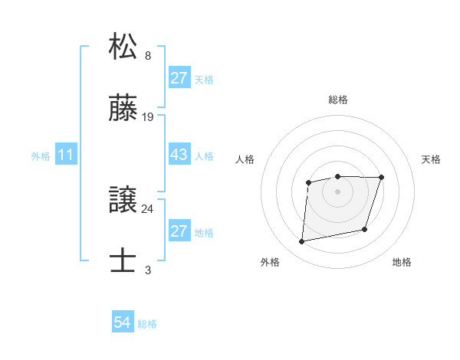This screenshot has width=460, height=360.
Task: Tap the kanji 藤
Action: [x=124, y=110]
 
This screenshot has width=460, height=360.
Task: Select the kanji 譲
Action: [x=124, y=200]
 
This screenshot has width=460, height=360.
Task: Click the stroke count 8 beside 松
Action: [x=148, y=56]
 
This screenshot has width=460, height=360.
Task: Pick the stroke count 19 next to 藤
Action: [x=148, y=118]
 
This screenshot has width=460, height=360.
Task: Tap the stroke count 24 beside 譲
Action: [x=148, y=208]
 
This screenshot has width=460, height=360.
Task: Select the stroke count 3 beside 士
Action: [x=148, y=270]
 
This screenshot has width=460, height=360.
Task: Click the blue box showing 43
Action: [x=179, y=155]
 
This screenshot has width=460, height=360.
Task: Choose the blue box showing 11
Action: [x=66, y=155]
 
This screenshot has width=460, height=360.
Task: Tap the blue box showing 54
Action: [x=123, y=323]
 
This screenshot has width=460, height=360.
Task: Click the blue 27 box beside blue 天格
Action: [x=179, y=78]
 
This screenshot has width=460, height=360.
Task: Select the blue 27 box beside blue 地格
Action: [x=179, y=231]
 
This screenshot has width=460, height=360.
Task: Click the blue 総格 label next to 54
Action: [x=147, y=324]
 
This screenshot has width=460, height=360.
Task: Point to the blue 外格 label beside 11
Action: [x=41, y=155]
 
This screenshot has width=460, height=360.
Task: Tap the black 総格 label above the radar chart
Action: [x=338, y=100]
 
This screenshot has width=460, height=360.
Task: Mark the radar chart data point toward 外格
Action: [x=302, y=242]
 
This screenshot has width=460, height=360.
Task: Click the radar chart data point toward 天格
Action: [x=381, y=178]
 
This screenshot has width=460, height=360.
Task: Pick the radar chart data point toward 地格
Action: [x=365, y=229]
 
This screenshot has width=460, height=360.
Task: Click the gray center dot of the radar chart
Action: [x=338, y=191]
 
